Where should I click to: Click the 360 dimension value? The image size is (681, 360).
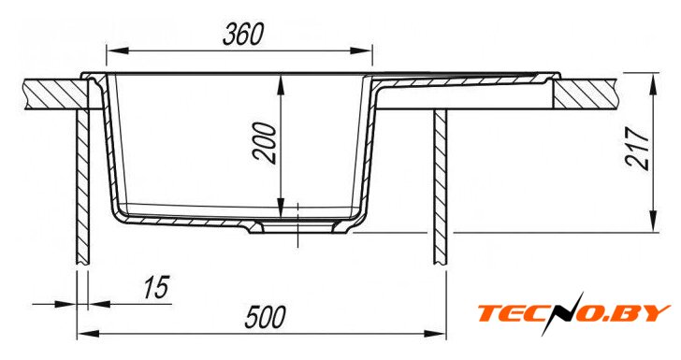[x=243, y=35]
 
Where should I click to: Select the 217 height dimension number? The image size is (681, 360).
[x=637, y=148]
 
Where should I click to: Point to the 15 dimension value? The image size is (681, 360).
[x=156, y=287]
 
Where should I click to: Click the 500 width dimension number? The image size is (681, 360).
[x=266, y=317]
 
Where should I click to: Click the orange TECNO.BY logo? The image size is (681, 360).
[x=574, y=312]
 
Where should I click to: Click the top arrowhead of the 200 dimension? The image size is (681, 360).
[x=281, y=85]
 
